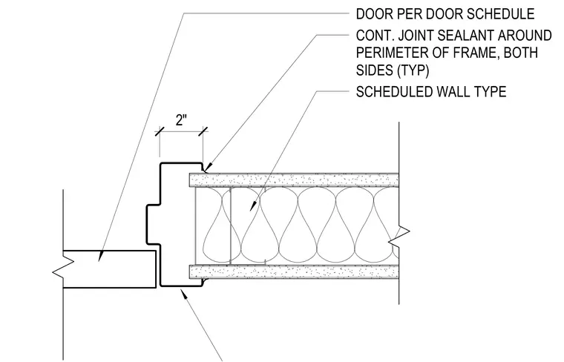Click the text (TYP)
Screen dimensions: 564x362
[413, 70]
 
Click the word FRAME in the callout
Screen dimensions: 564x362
[474, 53]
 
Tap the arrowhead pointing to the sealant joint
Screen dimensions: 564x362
[207, 167]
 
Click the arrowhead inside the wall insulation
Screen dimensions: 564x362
[253, 205]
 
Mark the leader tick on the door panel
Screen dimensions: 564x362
[100, 256]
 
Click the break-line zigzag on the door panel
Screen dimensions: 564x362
[63, 269]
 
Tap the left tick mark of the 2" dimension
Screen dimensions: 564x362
[160, 131]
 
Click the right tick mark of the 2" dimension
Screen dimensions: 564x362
[203, 131]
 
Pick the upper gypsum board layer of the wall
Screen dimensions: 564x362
[294, 180]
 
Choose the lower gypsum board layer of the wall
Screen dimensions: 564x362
[294, 271]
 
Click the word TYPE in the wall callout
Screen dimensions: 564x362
[490, 92]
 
